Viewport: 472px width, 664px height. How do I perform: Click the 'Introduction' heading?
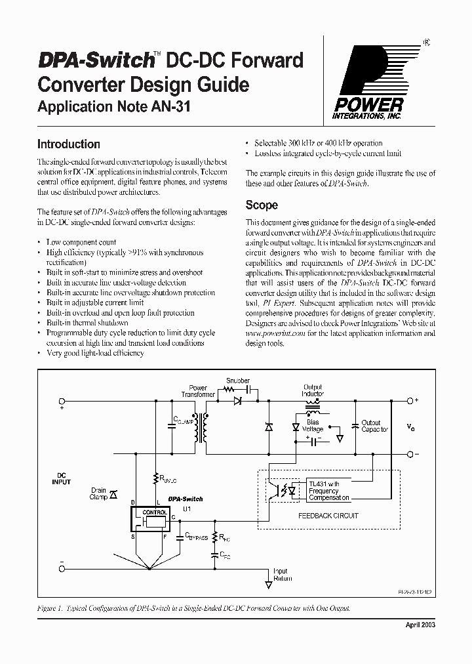(68, 144)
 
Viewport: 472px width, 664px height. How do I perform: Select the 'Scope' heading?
(262, 205)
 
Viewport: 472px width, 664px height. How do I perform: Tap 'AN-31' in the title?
(170, 108)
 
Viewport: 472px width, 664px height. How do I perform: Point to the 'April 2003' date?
(417, 624)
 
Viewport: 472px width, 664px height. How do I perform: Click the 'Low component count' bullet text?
(81, 242)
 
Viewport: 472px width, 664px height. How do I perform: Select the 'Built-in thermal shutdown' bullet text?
(87, 323)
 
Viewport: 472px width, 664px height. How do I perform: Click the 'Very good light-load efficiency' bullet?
(95, 353)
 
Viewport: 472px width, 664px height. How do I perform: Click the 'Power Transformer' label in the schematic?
(198, 391)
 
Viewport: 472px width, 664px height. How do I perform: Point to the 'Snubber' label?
(238, 381)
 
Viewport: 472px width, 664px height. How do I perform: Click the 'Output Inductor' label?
(313, 390)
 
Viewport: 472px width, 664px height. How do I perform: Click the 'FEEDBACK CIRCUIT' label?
(328, 516)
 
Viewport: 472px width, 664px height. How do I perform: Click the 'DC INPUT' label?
(62, 478)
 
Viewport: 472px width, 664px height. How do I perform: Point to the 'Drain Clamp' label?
(98, 493)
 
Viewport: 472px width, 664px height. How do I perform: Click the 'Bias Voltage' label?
(313, 426)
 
